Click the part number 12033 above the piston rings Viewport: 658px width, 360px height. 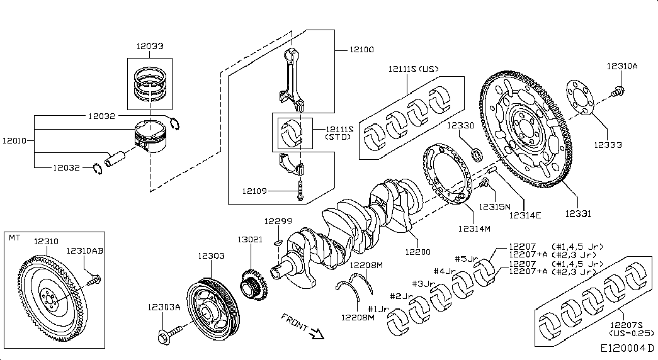149,45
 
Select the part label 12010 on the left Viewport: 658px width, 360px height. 14,141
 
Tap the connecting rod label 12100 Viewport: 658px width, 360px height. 361,50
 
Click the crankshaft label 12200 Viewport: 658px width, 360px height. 417,252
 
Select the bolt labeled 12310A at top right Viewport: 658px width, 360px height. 618,93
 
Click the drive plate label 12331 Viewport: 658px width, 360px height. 577,214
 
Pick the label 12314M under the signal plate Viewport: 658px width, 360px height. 474,228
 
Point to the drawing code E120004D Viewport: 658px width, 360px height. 627,348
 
